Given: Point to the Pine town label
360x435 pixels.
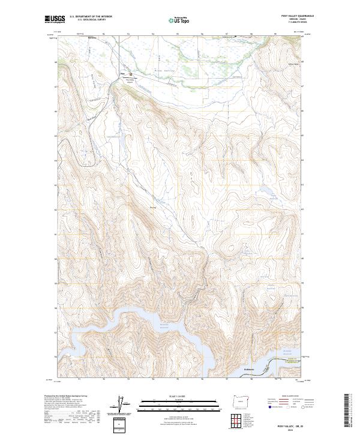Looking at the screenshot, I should (x=122, y=74).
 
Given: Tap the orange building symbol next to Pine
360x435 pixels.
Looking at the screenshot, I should (x=131, y=74).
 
